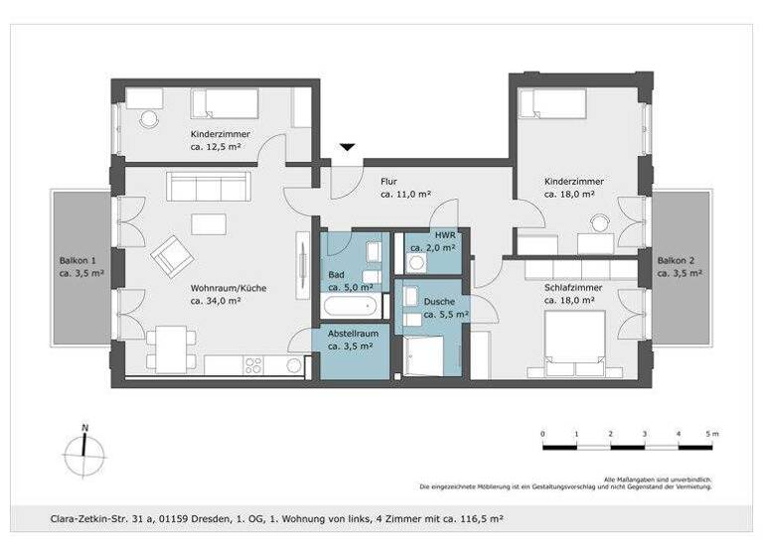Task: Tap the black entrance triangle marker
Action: (x=346, y=148)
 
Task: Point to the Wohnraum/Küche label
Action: (x=229, y=289)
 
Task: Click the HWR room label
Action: (x=445, y=235)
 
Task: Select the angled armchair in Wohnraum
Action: (x=173, y=256)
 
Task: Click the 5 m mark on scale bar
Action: (x=711, y=435)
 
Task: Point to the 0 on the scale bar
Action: (x=542, y=435)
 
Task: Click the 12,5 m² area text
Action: (x=215, y=147)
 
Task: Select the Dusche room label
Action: (x=439, y=301)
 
